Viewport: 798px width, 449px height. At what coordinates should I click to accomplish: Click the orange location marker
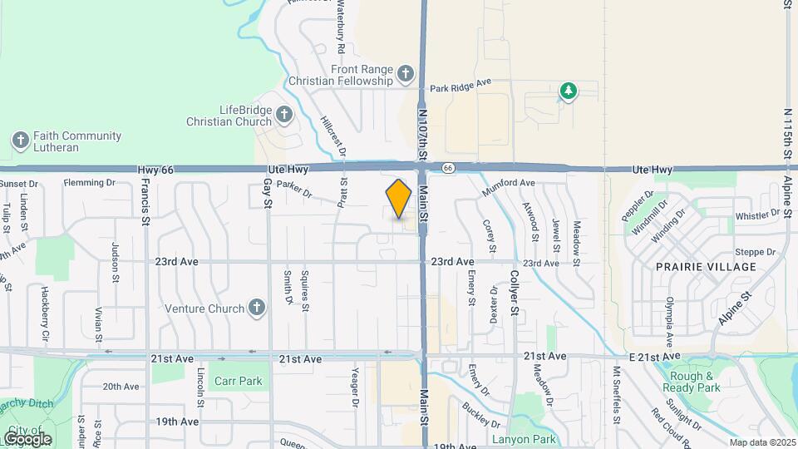point(399,199)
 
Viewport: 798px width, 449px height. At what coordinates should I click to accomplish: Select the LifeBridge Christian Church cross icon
point(283,115)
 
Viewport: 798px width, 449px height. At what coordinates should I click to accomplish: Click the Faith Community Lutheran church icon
point(21,141)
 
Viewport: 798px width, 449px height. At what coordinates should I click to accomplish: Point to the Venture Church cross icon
point(257,308)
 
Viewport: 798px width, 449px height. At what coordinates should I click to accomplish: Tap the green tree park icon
point(568,91)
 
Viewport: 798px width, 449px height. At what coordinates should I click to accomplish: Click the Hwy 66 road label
point(155,170)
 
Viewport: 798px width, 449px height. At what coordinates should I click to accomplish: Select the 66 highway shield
point(448,168)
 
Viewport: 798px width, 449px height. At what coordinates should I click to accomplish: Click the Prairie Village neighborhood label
point(706,267)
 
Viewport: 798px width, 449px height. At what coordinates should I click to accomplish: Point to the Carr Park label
point(238,382)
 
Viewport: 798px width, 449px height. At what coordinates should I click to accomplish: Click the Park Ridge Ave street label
point(461,86)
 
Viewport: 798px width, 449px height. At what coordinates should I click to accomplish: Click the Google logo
point(27,438)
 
